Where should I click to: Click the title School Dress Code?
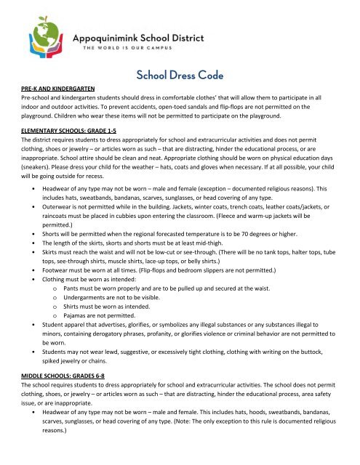tap(180, 75)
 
